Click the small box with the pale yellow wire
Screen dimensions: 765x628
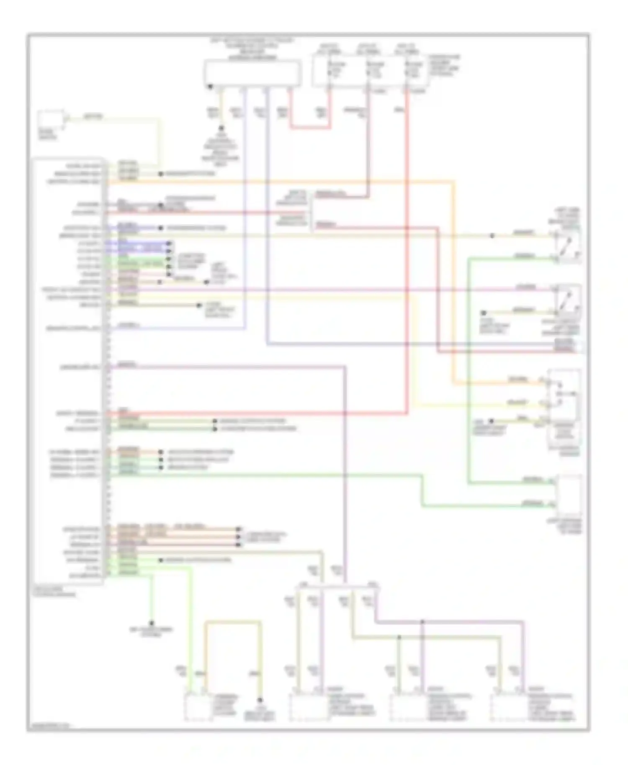51,120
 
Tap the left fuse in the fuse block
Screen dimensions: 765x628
329,71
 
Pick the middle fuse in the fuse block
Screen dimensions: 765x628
368,71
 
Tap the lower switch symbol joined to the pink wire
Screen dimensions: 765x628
568,300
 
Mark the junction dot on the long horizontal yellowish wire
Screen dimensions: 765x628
492,236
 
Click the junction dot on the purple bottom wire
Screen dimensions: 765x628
422,622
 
